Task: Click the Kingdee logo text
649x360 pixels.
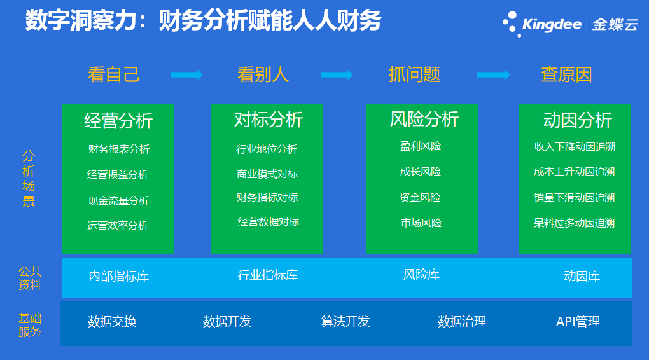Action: (552, 24)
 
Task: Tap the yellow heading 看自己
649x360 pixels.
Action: (114, 75)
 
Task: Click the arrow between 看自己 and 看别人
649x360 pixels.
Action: (186, 75)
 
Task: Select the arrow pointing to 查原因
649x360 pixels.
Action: (493, 75)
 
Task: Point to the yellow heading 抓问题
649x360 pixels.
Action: (414, 75)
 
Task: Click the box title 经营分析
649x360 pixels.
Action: (118, 121)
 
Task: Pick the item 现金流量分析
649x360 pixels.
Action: (118, 201)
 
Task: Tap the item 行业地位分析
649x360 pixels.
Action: (267, 149)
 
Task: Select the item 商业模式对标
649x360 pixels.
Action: (267, 174)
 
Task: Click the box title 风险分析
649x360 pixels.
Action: (424, 119)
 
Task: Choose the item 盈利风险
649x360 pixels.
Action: (421, 146)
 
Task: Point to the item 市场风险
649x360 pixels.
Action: (421, 223)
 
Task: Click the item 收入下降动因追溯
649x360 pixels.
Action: (575, 146)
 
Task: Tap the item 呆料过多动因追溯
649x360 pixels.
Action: (574, 223)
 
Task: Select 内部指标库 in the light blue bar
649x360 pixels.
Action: (119, 277)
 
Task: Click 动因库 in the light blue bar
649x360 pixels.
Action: (582, 277)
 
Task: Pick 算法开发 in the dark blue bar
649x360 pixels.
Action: (345, 321)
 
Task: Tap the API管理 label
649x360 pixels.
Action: (578, 321)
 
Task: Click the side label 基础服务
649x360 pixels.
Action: (30, 325)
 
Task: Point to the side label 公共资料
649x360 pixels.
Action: (30, 278)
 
